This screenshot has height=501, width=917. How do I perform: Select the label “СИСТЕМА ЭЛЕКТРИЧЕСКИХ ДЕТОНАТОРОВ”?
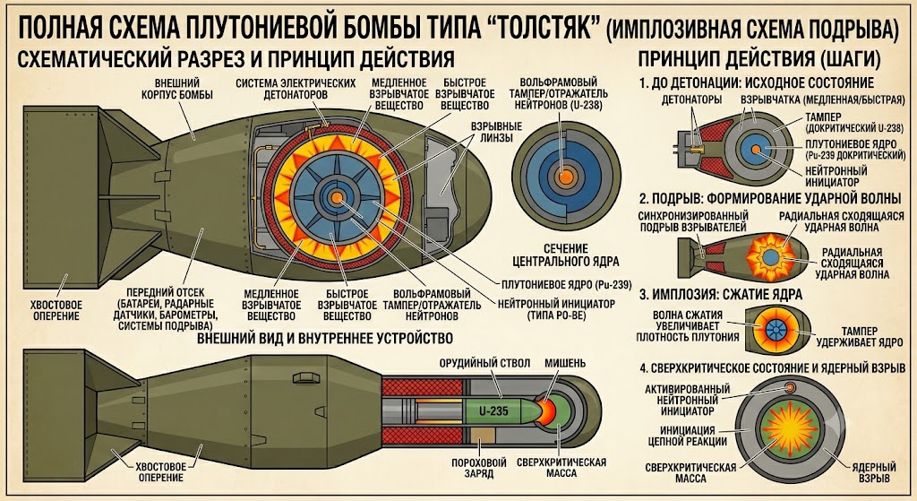click(296, 89)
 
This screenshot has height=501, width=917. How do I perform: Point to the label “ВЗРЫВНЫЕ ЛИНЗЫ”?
click(496, 132)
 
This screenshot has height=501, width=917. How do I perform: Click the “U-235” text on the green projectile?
click(494, 411)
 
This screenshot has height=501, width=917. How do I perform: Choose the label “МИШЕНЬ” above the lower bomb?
click(565, 364)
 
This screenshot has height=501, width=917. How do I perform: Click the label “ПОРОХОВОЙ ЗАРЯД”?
click(479, 468)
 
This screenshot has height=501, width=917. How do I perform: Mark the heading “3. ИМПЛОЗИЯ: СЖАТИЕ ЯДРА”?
click(721, 294)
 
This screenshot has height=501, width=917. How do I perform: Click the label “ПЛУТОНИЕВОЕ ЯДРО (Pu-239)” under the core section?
click(567, 285)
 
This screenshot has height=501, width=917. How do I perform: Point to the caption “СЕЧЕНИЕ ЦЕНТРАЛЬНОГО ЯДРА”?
click(566, 255)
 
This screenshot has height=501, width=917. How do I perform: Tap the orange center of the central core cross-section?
click(566, 177)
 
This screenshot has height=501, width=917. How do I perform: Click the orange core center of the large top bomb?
click(337, 198)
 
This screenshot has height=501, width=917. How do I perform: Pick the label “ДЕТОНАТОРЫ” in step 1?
click(692, 99)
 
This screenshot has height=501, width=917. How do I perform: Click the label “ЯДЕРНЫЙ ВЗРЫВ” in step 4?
click(874, 472)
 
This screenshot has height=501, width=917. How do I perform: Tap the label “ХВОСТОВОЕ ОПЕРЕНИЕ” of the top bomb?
click(56, 311)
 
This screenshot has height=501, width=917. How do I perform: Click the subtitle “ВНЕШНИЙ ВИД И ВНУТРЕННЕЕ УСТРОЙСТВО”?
click(324, 338)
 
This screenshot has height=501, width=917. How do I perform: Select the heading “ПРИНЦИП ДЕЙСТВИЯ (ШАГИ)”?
click(759, 59)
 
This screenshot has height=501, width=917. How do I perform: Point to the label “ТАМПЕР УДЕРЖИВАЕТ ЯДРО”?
click(859, 336)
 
